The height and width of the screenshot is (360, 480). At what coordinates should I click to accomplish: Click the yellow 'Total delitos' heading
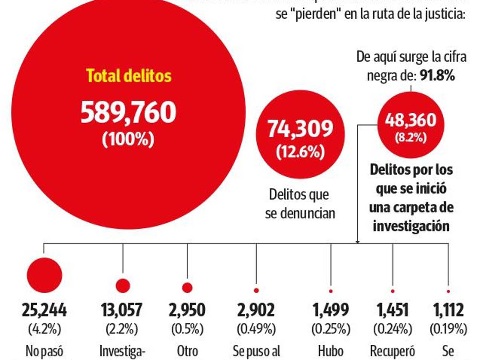129,76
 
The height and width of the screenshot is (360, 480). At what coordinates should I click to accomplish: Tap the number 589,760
128,112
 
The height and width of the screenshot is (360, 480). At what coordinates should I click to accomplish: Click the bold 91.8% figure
437,76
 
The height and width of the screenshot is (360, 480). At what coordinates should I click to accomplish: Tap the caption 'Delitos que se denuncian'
300,204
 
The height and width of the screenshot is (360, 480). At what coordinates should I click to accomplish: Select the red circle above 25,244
44,275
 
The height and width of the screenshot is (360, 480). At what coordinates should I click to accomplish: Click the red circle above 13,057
123,285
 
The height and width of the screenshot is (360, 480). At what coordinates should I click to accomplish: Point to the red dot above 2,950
187,288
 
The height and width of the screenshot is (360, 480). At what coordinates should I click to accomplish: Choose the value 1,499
330,310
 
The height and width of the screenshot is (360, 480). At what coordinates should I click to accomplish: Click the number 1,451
392,310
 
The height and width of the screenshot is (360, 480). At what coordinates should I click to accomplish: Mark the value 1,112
448,310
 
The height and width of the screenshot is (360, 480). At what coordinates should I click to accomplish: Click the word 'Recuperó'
392,351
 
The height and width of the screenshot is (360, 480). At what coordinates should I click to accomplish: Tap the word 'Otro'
187,351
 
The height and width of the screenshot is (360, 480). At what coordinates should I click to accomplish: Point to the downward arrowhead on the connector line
357,241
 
